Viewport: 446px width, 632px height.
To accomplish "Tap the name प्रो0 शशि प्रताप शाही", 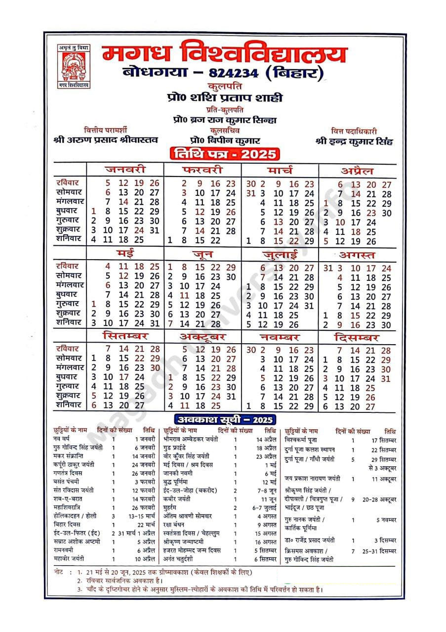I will [x=225, y=98].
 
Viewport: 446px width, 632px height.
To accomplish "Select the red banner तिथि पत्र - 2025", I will [x=223, y=153].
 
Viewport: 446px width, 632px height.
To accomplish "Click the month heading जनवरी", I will [x=124, y=170].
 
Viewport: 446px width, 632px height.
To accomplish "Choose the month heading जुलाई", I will [x=280, y=256].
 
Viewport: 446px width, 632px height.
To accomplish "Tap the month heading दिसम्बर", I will [x=357, y=338].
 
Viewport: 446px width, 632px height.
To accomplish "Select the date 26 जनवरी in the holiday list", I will [x=144, y=473].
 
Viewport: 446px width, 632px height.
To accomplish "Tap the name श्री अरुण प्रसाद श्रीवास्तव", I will [x=106, y=140].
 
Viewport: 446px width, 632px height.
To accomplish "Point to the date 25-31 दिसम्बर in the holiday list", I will [x=379, y=551].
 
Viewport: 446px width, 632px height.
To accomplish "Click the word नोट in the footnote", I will [x=58, y=571].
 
